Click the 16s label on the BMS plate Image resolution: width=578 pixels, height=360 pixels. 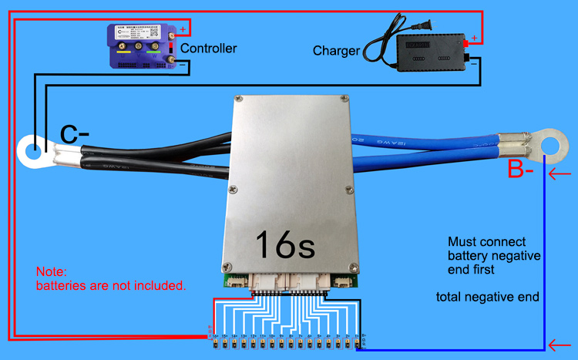(x=284, y=244)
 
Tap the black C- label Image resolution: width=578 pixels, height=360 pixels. (x=75, y=135)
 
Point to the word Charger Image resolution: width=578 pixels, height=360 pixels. (x=336, y=51)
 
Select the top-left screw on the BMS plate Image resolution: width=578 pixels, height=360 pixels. (x=239, y=99)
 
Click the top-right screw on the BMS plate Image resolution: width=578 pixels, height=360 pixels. (x=344, y=99)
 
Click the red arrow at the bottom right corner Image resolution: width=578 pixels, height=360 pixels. (x=560, y=344)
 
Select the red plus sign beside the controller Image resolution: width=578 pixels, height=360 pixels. (x=183, y=31)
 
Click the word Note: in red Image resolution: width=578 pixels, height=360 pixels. (x=52, y=272)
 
